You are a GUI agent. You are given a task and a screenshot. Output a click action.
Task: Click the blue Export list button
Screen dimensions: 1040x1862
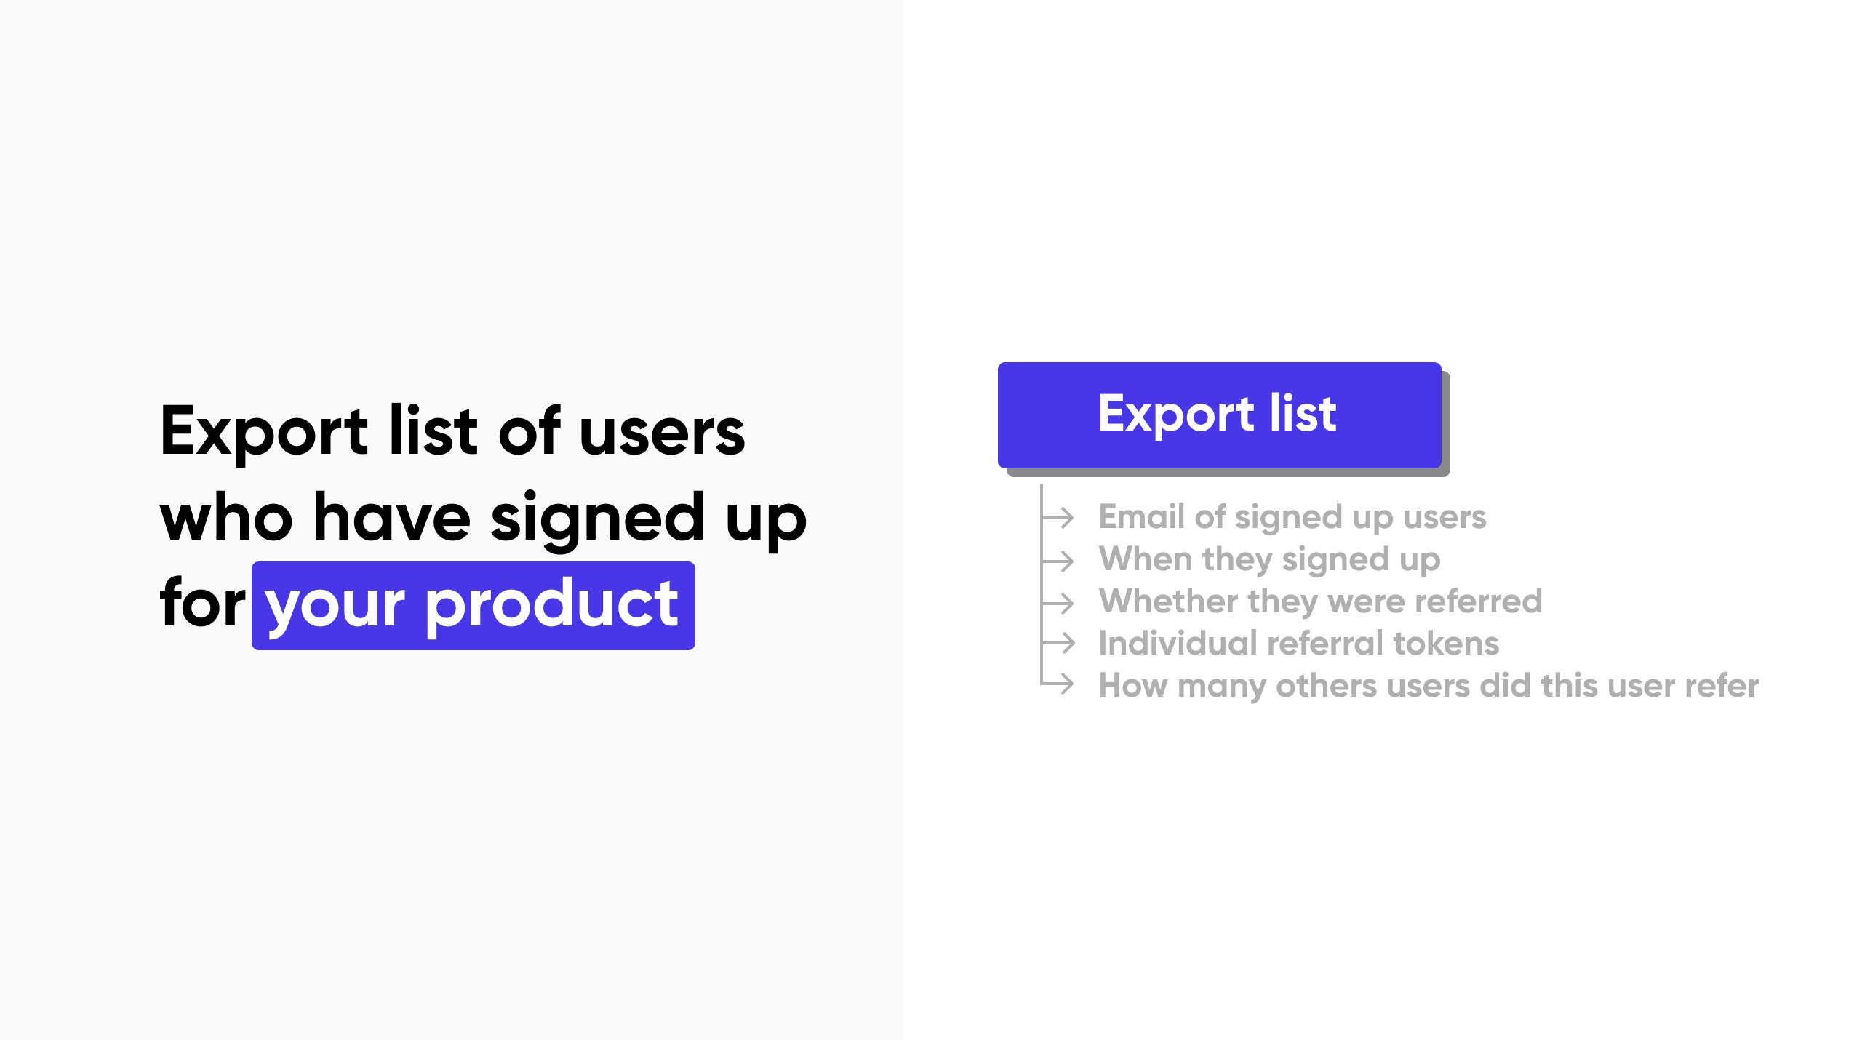(1219, 415)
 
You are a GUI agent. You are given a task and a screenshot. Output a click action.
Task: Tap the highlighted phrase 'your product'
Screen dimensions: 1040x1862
(473, 605)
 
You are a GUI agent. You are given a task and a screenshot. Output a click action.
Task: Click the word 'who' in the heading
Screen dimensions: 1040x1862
(226, 518)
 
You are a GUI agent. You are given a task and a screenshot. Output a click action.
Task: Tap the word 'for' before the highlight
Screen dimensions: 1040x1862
(203, 604)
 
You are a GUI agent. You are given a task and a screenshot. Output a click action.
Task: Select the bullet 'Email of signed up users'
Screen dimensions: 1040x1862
(1292, 517)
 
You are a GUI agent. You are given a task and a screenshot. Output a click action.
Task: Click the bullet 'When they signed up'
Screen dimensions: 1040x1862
(1269, 559)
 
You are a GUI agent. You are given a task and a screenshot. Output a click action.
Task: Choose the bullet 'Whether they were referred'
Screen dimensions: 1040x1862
(1320, 601)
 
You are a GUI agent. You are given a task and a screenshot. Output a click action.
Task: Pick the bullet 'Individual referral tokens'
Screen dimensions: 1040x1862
(1298, 644)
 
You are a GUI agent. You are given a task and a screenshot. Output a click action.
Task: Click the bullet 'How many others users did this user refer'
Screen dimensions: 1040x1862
(1429, 686)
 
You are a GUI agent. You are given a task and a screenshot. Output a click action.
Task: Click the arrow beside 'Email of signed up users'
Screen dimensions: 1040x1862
(1059, 518)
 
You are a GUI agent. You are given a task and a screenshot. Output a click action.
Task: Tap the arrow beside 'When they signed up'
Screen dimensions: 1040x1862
(1059, 560)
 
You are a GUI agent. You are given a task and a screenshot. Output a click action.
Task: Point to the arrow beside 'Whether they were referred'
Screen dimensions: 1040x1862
(1059, 602)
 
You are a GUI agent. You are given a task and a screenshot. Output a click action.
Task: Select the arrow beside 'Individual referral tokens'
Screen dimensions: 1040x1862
(1059, 643)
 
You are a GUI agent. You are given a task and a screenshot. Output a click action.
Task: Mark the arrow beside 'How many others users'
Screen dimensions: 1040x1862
(1059, 684)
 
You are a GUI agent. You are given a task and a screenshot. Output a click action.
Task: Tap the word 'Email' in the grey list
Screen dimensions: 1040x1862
(1142, 517)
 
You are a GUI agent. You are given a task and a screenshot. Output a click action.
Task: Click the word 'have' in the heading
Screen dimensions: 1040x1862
(392, 518)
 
